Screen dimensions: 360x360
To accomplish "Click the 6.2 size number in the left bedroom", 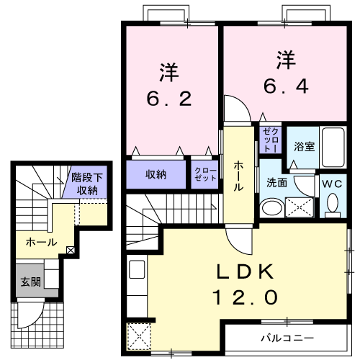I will [x=170, y=99].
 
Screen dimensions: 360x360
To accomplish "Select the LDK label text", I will [x=246, y=272].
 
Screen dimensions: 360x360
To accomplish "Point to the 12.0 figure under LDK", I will [x=245, y=297].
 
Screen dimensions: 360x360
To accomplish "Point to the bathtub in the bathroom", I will [x=333, y=147].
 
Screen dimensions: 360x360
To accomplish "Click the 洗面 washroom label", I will [x=276, y=183].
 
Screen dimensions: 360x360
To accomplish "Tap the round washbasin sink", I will [x=271, y=208].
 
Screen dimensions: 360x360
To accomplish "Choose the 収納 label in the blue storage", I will [x=156, y=174].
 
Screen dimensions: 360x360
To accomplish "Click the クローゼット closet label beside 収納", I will [x=205, y=174].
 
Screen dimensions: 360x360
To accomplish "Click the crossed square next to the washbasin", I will [x=300, y=207].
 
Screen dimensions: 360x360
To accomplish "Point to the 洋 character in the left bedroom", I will [x=169, y=71].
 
